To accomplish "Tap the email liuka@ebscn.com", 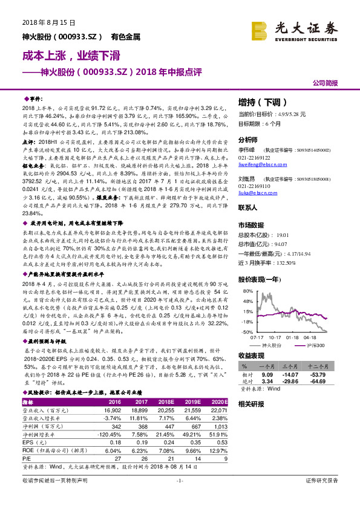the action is tap(253, 193).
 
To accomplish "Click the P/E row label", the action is tap(26, 459).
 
